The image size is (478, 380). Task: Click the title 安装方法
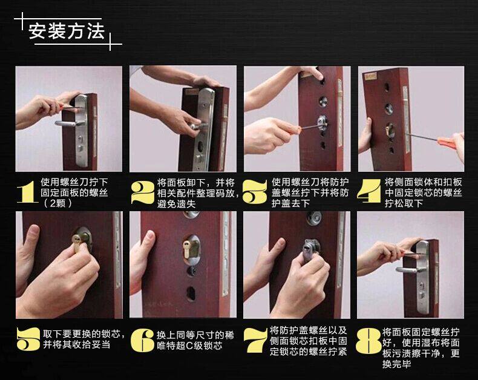67,31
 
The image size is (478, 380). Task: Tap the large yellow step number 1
27,191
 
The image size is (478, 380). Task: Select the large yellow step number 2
142,192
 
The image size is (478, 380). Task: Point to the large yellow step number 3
255,192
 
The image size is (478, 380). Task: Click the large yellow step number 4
370,191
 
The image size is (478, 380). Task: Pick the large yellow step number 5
28,339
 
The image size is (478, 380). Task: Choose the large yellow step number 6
142,340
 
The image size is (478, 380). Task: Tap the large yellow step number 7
255,341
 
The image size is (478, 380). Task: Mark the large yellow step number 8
368,341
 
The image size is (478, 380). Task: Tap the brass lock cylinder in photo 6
187,247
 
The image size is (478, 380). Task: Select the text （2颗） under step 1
57,203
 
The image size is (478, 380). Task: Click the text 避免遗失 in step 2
177,204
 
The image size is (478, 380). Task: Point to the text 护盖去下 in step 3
290,203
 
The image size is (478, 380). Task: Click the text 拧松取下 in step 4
404,203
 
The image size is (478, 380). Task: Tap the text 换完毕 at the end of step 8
396,364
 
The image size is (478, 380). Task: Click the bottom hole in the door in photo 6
191,293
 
